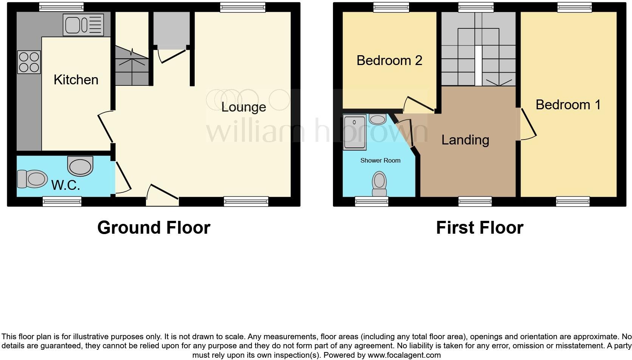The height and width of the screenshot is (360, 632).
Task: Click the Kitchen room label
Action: click(76, 80)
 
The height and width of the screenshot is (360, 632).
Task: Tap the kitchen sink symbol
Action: click(84, 25)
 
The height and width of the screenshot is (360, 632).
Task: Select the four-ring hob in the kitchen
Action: click(29, 62)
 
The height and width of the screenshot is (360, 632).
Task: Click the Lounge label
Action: click(243, 107)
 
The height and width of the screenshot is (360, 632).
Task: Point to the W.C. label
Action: click(66, 185)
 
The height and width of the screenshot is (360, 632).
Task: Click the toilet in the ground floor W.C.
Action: click(33, 179)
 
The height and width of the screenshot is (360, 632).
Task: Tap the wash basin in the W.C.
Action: click(80, 166)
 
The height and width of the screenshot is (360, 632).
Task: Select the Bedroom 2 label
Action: click(389, 61)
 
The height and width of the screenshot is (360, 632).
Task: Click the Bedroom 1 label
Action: click(568, 105)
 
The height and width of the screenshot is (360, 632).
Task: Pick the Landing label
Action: click(465, 140)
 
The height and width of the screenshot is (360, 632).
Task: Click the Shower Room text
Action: click(380, 160)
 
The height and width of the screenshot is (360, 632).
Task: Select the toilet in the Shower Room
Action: click(380, 183)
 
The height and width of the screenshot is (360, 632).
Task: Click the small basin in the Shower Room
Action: click(377, 119)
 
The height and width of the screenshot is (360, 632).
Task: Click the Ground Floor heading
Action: click(154, 228)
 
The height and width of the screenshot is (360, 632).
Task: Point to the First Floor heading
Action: click(480, 228)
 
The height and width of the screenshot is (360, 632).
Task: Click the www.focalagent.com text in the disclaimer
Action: click(404, 355)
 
